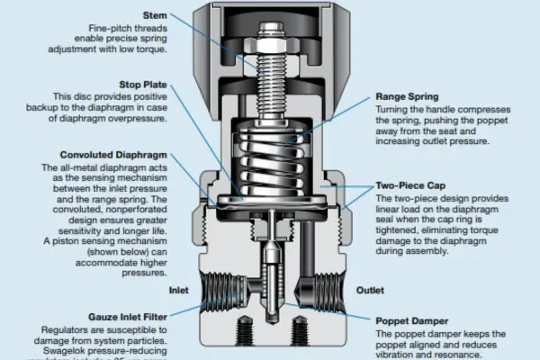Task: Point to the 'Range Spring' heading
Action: [408, 95]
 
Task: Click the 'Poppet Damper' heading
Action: [412, 321]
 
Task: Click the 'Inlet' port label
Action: [178, 291]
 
